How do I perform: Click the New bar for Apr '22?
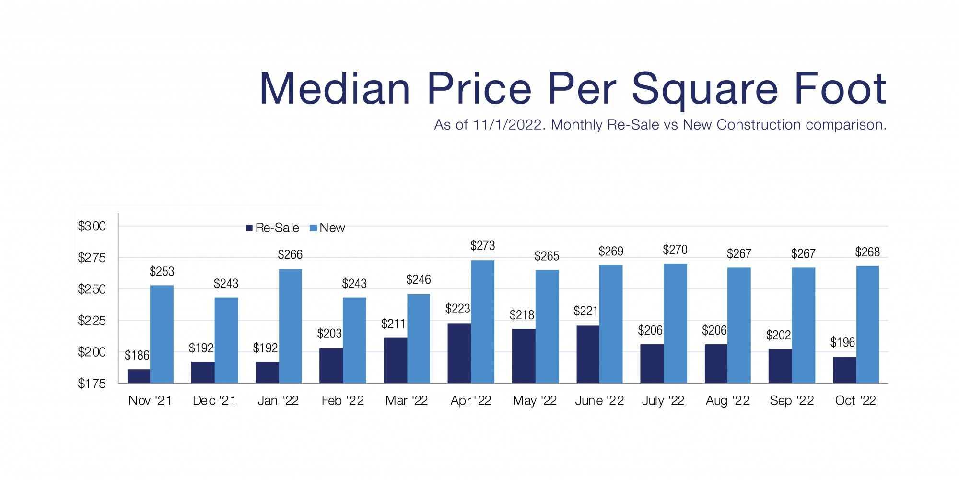(x=482, y=322)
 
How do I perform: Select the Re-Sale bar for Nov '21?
(x=139, y=376)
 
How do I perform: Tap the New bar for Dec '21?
(x=226, y=340)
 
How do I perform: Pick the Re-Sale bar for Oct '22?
(x=844, y=370)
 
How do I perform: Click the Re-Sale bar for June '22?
(x=588, y=354)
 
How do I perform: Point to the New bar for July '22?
(x=675, y=323)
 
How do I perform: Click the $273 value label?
(x=482, y=246)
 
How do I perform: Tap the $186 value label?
(x=137, y=355)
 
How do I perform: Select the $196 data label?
(x=842, y=342)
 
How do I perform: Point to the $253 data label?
(x=162, y=272)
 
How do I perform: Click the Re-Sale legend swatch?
(x=249, y=228)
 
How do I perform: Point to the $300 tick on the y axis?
(x=92, y=226)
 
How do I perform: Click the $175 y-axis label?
(x=92, y=384)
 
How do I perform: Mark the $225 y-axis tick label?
(x=92, y=321)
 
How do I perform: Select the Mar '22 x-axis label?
(x=407, y=401)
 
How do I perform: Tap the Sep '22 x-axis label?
(x=792, y=401)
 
